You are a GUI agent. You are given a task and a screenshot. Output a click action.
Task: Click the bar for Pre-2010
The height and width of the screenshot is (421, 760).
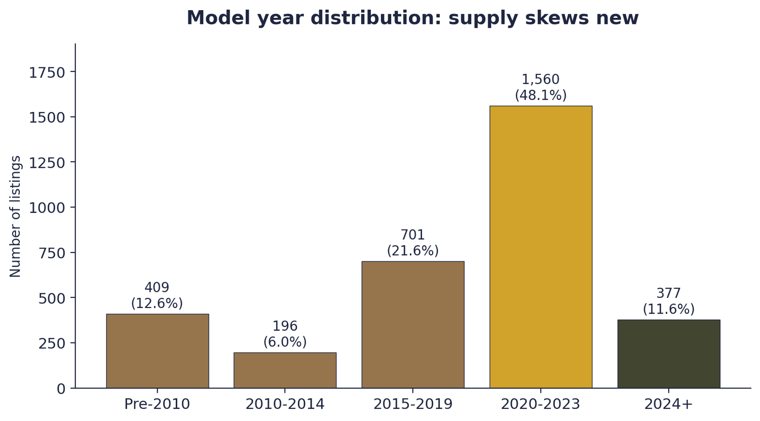(x=157, y=351)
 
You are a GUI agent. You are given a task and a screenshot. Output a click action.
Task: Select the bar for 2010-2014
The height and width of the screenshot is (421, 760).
(x=285, y=370)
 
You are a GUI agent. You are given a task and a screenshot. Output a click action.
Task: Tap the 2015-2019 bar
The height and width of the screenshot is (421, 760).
(x=412, y=324)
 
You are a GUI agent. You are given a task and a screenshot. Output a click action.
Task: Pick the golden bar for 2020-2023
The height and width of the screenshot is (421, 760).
(x=541, y=247)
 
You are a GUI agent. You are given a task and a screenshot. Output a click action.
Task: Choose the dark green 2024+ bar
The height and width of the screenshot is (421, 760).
(x=668, y=354)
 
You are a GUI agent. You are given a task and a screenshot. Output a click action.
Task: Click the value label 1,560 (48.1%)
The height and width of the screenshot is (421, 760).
(x=541, y=88)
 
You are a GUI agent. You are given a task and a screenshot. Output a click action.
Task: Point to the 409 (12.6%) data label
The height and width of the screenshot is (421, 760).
(x=157, y=296)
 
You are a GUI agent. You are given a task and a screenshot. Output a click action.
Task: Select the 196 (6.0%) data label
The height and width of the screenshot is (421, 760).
(x=285, y=334)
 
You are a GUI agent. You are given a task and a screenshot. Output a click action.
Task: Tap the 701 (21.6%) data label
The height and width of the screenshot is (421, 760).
(x=412, y=243)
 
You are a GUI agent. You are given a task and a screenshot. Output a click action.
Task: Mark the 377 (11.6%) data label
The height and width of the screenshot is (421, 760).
(x=668, y=301)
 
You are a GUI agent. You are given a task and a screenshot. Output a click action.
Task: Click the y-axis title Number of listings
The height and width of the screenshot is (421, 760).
(x=16, y=216)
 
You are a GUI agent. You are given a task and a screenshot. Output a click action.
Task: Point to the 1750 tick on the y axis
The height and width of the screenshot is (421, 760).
(x=47, y=73)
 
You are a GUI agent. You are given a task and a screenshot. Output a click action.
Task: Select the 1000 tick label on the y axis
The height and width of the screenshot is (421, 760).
(x=47, y=208)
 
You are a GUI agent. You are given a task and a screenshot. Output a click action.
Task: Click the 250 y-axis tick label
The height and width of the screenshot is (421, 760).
(x=52, y=343)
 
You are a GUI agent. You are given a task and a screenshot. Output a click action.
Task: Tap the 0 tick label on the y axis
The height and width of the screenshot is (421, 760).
(x=61, y=389)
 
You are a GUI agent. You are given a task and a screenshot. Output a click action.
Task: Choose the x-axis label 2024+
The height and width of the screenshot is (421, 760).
(x=668, y=404)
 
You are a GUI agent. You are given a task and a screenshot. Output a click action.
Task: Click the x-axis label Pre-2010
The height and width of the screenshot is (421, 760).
(x=157, y=404)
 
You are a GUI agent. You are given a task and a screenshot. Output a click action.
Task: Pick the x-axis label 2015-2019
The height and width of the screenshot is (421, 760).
(x=412, y=404)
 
